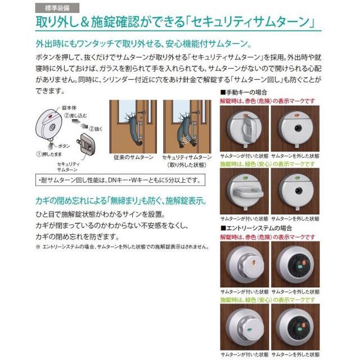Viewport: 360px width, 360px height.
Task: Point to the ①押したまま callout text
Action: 47,152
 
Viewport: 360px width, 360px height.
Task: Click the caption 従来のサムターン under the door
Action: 132,158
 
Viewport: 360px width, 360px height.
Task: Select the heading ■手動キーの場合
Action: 242,92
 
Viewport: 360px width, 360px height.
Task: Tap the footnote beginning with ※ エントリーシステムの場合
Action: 121,246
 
